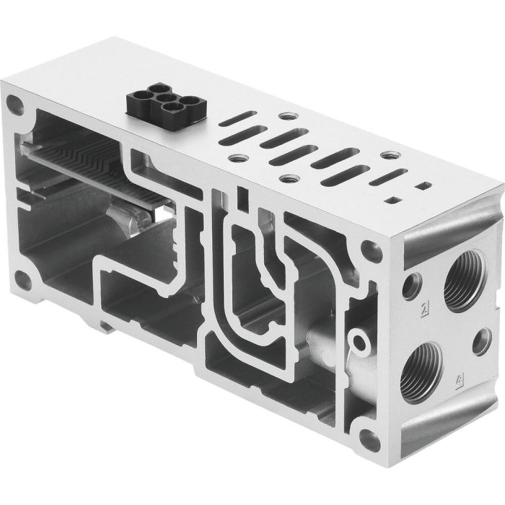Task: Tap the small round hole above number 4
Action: [480, 341]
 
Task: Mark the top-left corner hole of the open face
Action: [19, 108]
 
